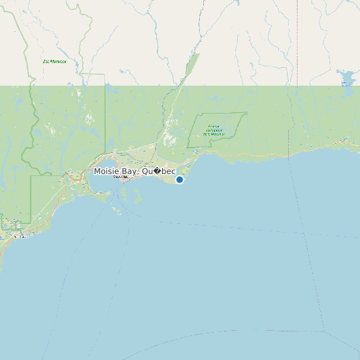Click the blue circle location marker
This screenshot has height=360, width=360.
click(179, 179)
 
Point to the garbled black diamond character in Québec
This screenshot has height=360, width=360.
click(157, 171)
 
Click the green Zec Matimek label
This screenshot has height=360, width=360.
click(54, 62)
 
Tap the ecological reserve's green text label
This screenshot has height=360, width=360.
click(214, 130)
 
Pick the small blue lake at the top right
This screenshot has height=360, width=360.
click(346, 74)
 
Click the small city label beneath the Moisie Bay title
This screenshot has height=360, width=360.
click(120, 177)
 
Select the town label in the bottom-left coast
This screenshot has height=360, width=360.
click(22, 236)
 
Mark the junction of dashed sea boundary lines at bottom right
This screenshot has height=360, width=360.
click(323, 331)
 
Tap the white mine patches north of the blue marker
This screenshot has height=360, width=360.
click(169, 139)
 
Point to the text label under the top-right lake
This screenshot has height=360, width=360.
click(347, 84)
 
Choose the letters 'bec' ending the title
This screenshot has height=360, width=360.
click(169, 171)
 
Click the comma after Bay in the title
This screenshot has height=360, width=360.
click(138, 174)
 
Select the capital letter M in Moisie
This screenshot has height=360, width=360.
click(97, 171)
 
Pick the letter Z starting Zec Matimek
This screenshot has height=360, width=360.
click(44, 62)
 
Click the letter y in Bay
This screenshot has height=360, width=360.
click(135, 173)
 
